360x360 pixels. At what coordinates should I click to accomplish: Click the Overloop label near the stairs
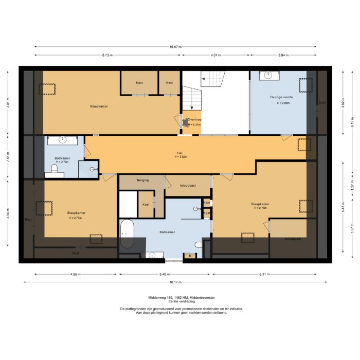pos(194,119)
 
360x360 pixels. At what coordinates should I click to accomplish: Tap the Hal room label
pos(179,152)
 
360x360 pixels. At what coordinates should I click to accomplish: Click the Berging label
pos(142,180)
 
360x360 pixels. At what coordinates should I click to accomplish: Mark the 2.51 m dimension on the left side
pos(8,156)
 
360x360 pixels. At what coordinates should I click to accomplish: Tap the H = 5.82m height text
pos(179,157)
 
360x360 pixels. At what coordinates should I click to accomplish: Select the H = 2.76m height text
pos(260,208)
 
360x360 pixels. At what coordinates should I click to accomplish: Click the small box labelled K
pos(190,255)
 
